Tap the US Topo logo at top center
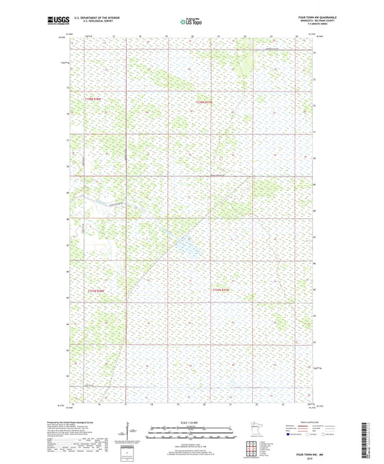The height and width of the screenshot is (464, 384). click(192, 22)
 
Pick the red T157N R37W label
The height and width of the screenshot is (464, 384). click(207, 102)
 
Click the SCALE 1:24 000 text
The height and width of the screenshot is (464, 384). click(192, 422)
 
